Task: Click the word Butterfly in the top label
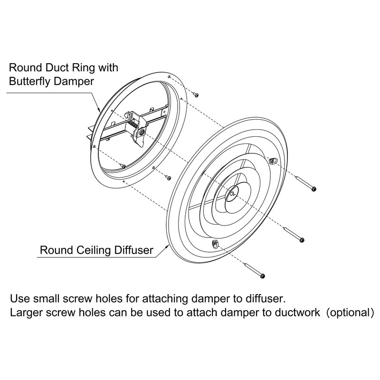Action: pyautogui.click(x=30, y=81)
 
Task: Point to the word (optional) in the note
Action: pyautogui.click(x=350, y=313)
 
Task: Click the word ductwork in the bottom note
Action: pyautogui.click(x=297, y=313)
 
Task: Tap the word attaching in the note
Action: pyautogui.click(x=165, y=299)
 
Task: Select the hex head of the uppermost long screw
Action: pyautogui.click(x=313, y=189)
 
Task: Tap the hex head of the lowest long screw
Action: pyautogui.click(x=262, y=276)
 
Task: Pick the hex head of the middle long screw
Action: pyautogui.click(x=302, y=240)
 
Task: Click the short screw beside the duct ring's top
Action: pyautogui.click(x=196, y=95)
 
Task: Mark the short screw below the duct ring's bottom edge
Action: pyautogui.click(x=168, y=178)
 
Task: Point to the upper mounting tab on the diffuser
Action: pyautogui.click(x=273, y=161)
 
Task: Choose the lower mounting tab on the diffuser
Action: pyautogui.click(x=215, y=244)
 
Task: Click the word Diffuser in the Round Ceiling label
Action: pyautogui.click(x=134, y=250)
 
